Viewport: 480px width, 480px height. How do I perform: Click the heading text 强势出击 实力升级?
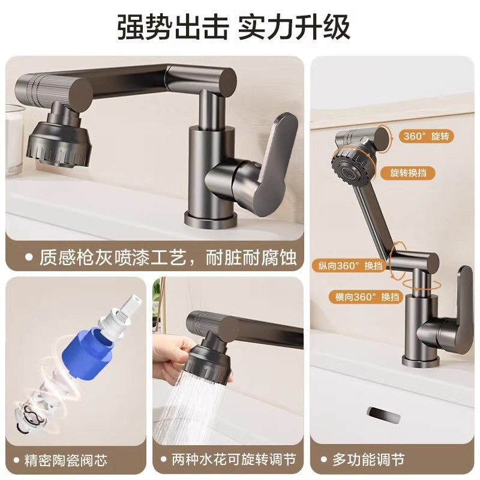coord(240,26)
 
